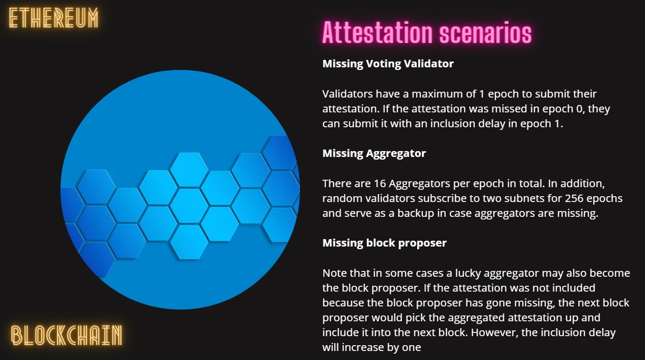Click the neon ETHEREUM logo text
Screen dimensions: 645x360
coord(54,18)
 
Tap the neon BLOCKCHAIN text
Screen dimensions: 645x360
coord(67,335)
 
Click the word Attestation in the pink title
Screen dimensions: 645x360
coord(377,32)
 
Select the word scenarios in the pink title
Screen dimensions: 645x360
coord(485,32)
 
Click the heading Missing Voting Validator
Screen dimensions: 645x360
coord(388,64)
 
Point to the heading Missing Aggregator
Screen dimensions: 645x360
coord(374,153)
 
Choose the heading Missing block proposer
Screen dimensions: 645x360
coord(384,243)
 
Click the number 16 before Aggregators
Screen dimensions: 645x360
coord(380,183)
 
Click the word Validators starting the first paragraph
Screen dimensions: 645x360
coord(348,94)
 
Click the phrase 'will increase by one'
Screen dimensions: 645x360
coord(372,348)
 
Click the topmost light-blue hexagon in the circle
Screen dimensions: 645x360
coord(189,170)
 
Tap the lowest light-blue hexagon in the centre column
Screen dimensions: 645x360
coord(189,242)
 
